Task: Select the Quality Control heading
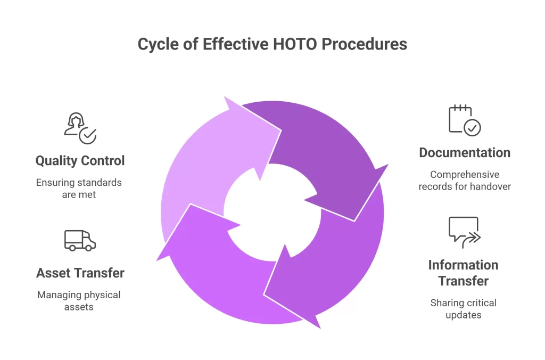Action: pos(80,160)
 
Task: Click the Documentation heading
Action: pos(464,153)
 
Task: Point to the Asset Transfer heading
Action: pos(80,273)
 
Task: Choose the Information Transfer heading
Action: pos(463,273)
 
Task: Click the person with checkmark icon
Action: pos(79,128)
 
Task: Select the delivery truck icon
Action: pos(79,240)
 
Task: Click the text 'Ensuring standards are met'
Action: pos(79,189)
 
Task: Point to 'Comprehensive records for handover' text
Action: pos(464,181)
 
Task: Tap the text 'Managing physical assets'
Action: pos(79,301)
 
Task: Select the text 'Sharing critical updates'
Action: pos(463,309)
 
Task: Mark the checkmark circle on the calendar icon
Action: pos(472,128)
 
